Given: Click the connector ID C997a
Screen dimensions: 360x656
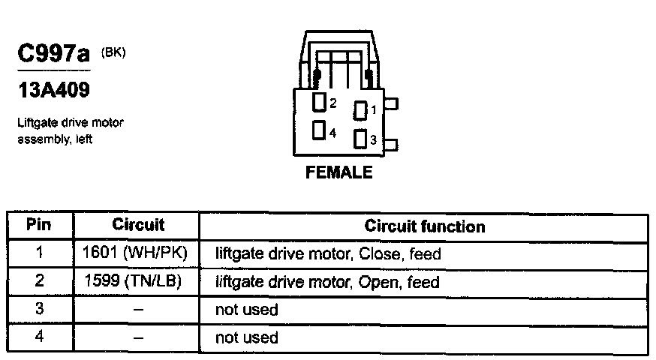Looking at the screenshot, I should click(52, 55).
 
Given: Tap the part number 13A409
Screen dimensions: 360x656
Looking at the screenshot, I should click(53, 91).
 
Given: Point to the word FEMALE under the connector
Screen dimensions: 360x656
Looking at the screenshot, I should click(339, 172).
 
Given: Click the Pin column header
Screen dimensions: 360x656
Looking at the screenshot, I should click(39, 225).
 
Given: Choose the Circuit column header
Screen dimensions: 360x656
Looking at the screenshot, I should click(137, 225).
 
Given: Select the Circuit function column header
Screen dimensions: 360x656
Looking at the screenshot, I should click(424, 226).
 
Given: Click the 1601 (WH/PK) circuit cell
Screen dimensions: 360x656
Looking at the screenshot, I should click(137, 253).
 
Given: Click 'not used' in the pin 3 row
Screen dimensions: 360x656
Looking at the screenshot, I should click(246, 310).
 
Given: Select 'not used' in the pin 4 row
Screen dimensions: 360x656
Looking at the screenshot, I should click(246, 337).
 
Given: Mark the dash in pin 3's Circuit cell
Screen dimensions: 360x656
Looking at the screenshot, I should click(137, 310).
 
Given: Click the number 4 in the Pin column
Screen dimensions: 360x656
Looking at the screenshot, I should click(39, 337).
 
